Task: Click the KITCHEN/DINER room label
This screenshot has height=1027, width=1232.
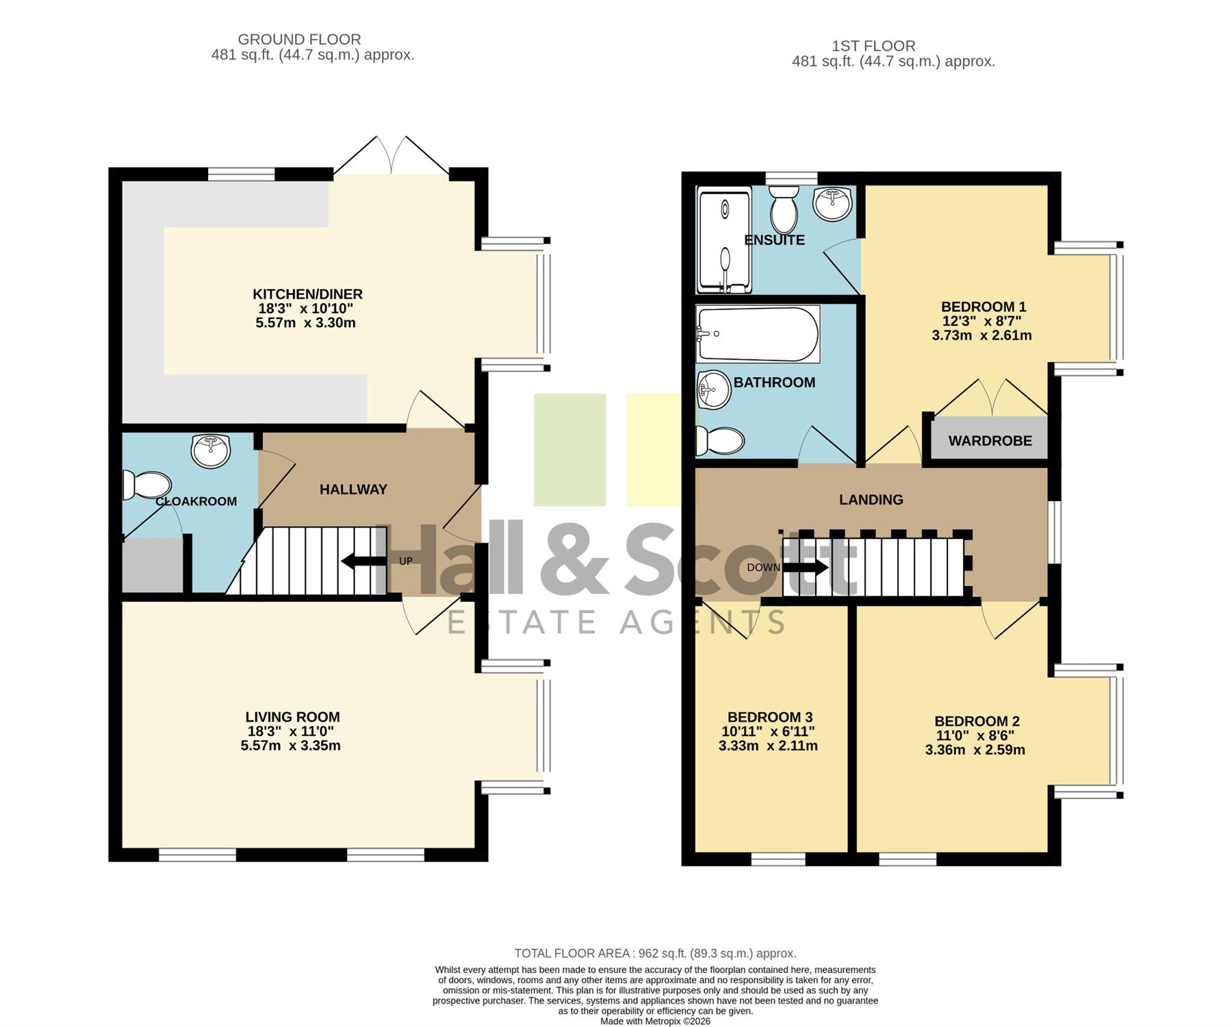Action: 307,294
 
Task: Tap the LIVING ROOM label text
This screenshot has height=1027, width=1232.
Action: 292,717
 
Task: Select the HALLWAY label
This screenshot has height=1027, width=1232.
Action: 353,490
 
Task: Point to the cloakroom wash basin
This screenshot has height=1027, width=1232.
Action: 211,451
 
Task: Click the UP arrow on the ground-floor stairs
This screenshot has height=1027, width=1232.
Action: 363,561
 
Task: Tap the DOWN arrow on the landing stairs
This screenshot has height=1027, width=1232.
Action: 806,567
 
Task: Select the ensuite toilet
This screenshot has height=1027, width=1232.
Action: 784,209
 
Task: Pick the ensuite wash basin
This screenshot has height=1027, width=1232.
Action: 832,202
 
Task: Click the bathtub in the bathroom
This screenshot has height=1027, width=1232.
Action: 758,335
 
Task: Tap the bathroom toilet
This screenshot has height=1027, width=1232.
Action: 720,441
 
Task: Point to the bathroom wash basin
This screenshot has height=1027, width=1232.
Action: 714,390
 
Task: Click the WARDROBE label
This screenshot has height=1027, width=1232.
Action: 990,441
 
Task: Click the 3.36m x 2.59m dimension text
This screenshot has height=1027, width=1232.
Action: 975,750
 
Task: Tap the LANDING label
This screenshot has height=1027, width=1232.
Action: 871,500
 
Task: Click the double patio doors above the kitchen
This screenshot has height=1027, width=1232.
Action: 391,155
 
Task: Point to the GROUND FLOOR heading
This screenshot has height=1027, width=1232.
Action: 299,40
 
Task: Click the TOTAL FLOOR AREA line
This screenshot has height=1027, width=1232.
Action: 655,953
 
